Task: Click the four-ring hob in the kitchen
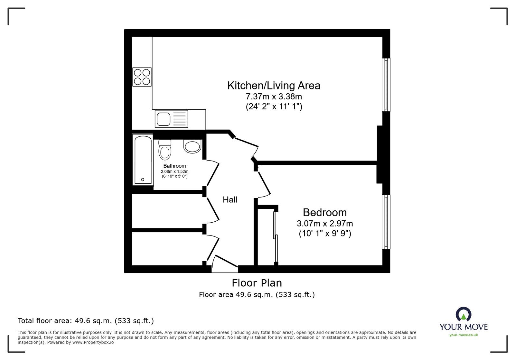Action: click(x=142, y=77)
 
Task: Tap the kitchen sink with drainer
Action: click(x=172, y=119)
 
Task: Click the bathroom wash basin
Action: click(x=192, y=147)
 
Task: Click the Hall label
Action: click(x=230, y=200)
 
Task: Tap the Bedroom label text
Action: click(x=325, y=213)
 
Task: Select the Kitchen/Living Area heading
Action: click(x=274, y=86)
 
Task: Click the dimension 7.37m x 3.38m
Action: click(x=274, y=96)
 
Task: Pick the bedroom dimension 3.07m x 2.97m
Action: click(x=325, y=223)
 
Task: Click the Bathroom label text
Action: click(x=174, y=166)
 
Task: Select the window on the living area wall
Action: click(x=386, y=85)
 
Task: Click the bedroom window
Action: click(x=386, y=222)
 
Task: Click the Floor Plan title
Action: click(x=257, y=283)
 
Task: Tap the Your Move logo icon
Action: click(x=464, y=314)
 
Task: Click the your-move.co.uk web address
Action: click(x=464, y=335)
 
